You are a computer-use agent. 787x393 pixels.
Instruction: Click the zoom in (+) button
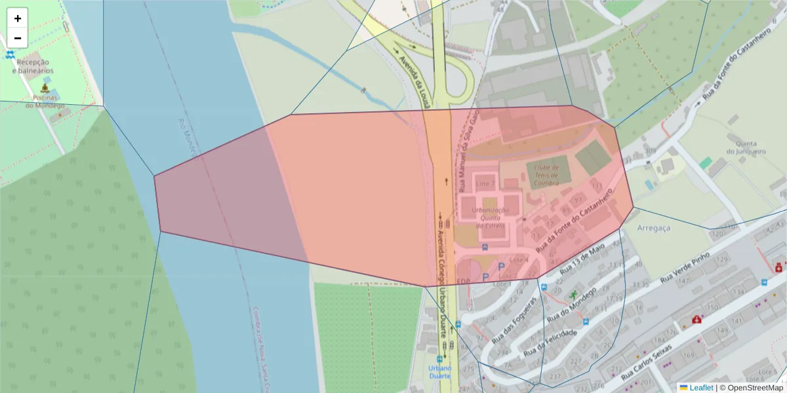point(18,18)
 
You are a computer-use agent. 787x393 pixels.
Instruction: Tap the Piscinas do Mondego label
point(45,102)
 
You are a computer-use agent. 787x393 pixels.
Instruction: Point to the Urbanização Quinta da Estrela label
point(491,217)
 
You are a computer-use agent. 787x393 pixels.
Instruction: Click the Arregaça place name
point(654,227)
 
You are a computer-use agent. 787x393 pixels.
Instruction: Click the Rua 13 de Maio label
point(582,260)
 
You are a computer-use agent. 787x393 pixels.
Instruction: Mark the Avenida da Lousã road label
point(416,82)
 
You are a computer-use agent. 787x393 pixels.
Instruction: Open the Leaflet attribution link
point(700,388)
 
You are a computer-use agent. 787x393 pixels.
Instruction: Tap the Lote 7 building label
point(485,182)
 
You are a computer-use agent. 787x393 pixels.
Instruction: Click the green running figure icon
point(575,295)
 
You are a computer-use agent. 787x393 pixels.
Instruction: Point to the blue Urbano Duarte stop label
point(439,372)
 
